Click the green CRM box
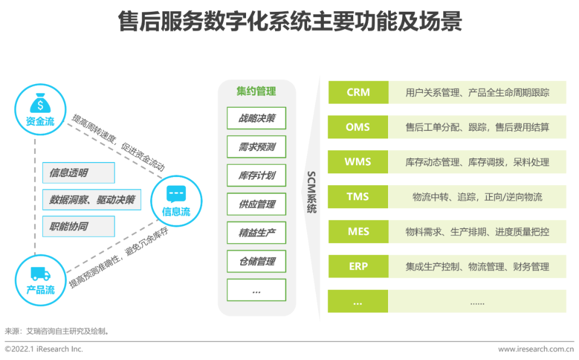(x=358, y=92)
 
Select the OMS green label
(x=358, y=127)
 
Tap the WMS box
(x=358, y=161)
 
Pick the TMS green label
(x=358, y=196)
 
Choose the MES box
(x=358, y=232)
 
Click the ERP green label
(x=358, y=266)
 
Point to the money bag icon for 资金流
(x=40, y=102)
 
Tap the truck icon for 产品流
(x=40, y=274)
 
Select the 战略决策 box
(x=256, y=118)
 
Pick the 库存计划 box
(x=256, y=175)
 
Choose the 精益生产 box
(x=256, y=233)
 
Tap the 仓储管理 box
(x=256, y=261)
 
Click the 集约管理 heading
(x=256, y=91)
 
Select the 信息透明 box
(x=78, y=173)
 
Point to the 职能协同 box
(x=78, y=226)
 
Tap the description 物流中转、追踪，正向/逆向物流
(x=477, y=197)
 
